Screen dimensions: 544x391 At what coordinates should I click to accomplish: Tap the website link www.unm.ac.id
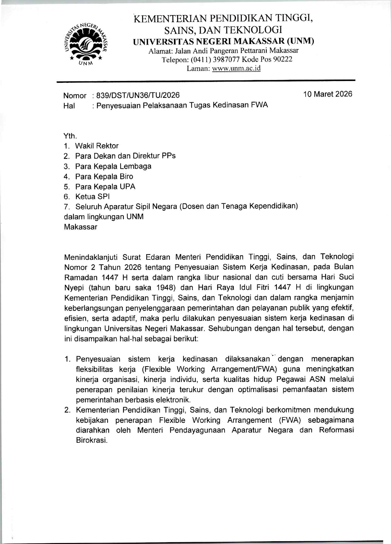click(236, 68)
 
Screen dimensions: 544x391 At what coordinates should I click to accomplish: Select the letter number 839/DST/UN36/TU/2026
click(138, 95)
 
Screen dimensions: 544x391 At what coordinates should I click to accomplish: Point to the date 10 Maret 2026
click(328, 94)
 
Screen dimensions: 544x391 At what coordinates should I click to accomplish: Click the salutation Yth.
click(70, 136)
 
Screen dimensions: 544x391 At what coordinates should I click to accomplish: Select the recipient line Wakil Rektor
click(97, 146)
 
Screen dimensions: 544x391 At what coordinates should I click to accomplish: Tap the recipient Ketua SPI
click(92, 196)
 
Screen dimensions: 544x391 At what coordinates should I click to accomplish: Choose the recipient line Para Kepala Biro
click(104, 176)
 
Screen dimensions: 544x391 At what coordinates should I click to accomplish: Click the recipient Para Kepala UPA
click(105, 187)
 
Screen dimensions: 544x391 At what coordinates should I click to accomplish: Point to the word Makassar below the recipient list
click(81, 227)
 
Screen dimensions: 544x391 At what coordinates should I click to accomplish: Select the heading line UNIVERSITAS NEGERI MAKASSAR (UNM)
click(223, 41)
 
